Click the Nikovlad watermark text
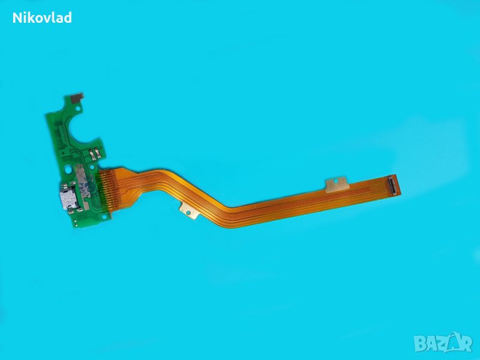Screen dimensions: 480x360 [x=42, y=18]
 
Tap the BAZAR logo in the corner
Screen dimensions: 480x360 [x=443, y=343]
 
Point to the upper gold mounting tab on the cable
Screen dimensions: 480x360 [x=337, y=184]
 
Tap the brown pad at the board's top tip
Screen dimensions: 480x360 [x=77, y=97]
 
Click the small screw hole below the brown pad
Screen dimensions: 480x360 [x=78, y=109]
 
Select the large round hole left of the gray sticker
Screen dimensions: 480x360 [x=68, y=169]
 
